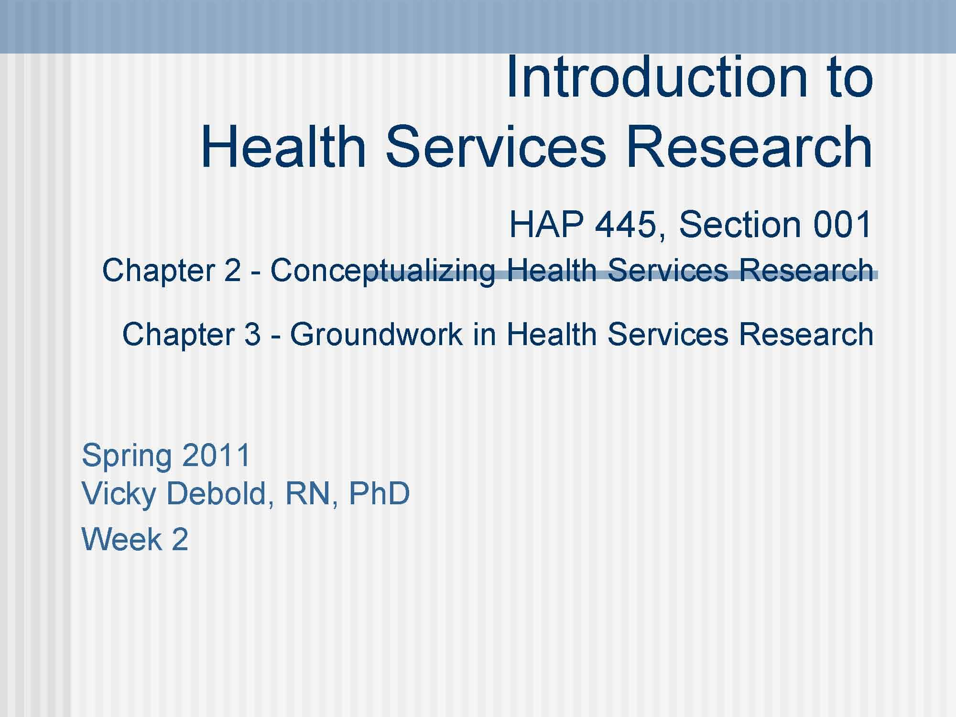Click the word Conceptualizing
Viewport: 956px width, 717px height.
[382, 271]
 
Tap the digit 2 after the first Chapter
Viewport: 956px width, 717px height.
[232, 270]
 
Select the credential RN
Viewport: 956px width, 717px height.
[306, 493]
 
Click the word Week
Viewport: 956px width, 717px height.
[122, 540]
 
